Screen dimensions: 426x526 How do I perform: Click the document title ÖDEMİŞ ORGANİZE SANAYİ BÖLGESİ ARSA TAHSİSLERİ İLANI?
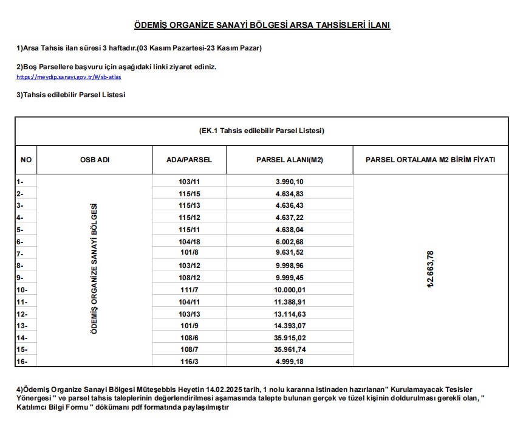point(262,25)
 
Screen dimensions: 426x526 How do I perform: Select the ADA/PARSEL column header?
point(189,160)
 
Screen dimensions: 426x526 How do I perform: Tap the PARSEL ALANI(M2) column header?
point(289,160)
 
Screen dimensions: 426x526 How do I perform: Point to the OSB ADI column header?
point(95,160)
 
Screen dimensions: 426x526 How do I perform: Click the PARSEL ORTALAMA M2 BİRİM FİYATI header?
point(430,160)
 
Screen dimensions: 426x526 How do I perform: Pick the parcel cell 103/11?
point(189,182)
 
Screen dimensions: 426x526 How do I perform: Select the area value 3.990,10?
point(289,182)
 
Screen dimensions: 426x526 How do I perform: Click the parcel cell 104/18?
point(189,241)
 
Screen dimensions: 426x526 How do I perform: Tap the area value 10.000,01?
point(289,289)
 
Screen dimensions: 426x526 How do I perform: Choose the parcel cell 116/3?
point(189,362)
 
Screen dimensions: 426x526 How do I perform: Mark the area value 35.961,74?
point(289,349)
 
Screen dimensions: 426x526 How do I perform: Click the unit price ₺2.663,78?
point(431,269)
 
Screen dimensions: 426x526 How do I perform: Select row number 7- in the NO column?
point(21,253)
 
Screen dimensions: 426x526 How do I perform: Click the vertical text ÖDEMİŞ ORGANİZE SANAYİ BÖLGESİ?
point(94,269)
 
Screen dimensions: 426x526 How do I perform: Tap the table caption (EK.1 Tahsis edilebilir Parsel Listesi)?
point(261,131)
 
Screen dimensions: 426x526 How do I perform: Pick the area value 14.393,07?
point(289,326)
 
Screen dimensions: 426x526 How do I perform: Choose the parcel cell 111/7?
point(189,289)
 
